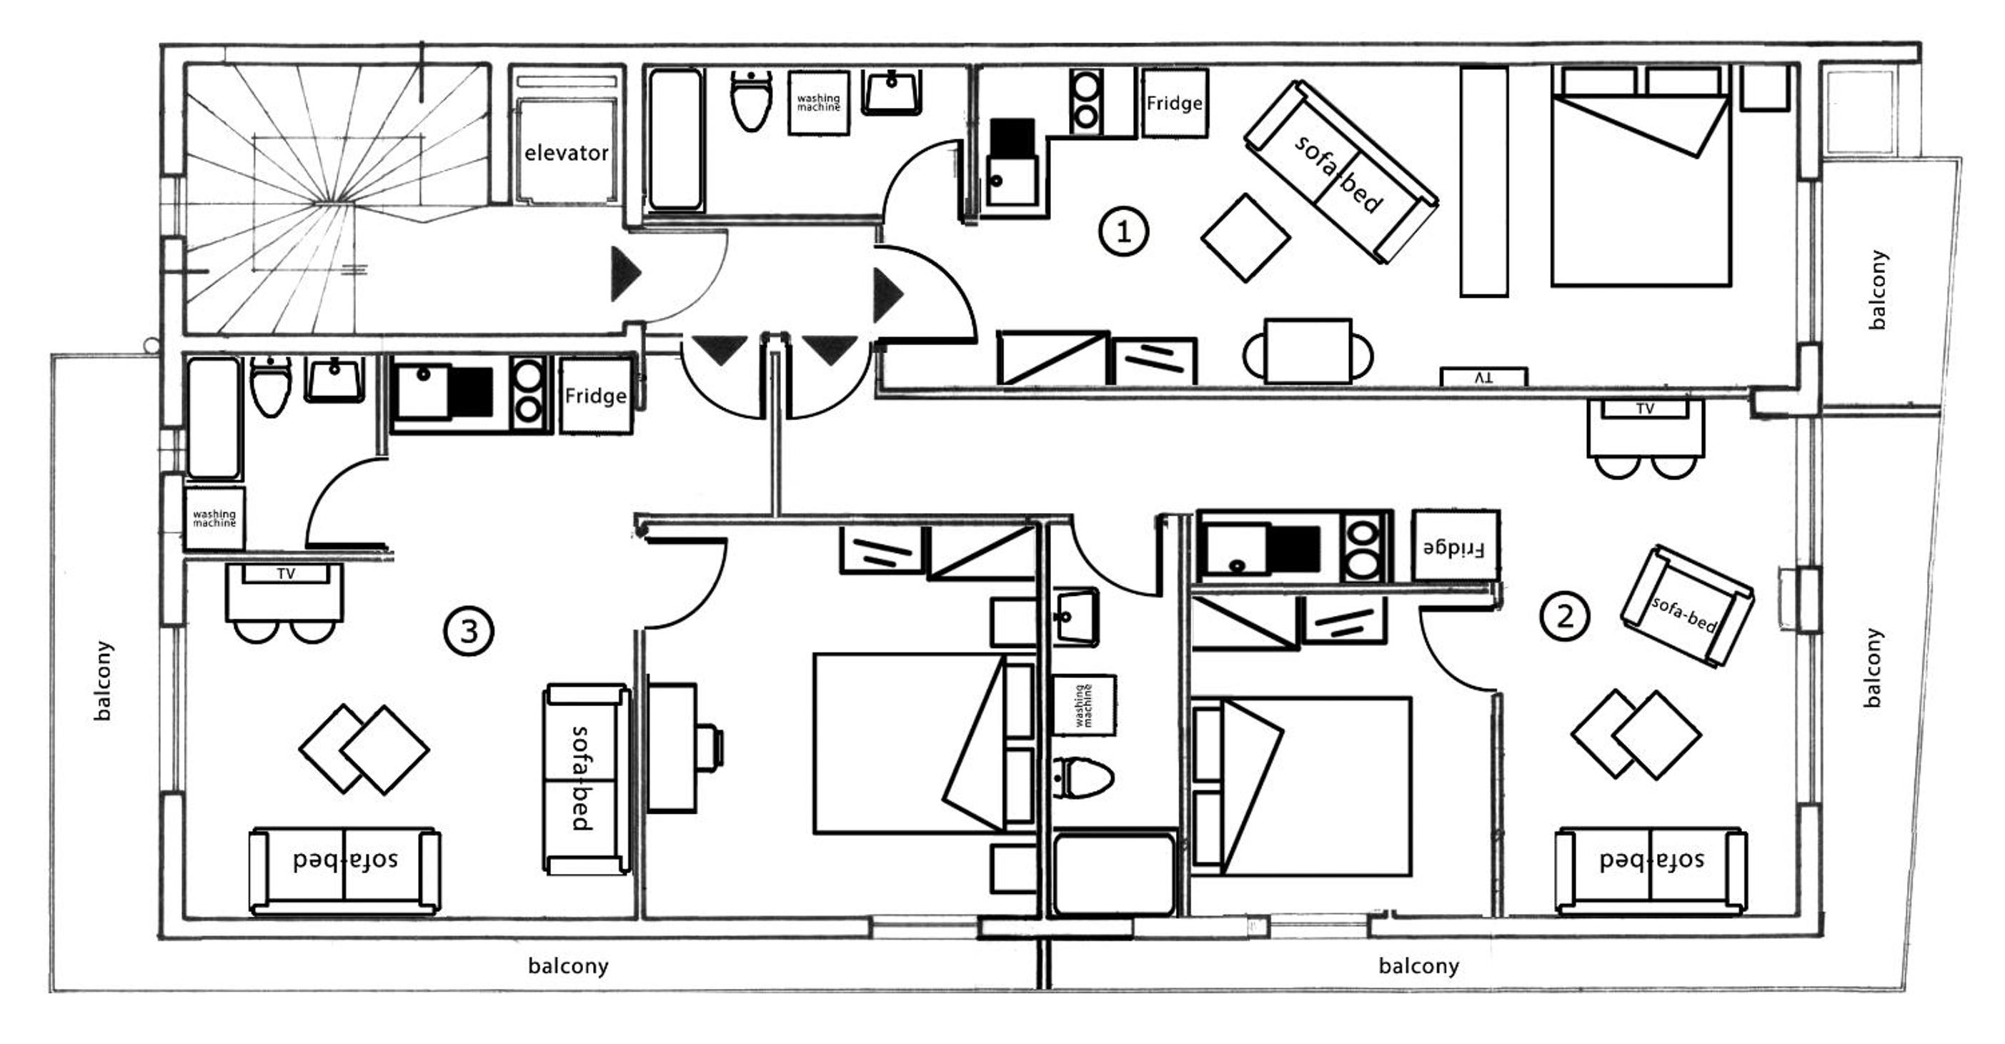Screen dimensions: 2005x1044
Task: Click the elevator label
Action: (566, 153)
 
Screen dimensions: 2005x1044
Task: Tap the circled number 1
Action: (1123, 232)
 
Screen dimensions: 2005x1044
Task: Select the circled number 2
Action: (1564, 617)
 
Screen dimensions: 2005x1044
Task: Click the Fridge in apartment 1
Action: (1175, 103)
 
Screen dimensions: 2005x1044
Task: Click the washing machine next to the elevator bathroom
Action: (818, 103)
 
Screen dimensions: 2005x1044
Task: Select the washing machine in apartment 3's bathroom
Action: (214, 519)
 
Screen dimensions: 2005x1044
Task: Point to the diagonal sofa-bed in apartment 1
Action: (1340, 171)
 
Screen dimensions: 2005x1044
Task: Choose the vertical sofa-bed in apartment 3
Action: (587, 778)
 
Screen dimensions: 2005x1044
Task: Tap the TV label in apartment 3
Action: (286, 574)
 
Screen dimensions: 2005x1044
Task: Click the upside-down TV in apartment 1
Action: (1483, 377)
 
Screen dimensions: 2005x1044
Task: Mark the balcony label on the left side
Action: (102, 680)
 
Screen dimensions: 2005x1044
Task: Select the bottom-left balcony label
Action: (568, 966)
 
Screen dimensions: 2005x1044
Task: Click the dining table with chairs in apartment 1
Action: (1308, 350)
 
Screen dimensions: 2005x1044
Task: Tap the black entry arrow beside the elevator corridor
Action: (626, 274)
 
